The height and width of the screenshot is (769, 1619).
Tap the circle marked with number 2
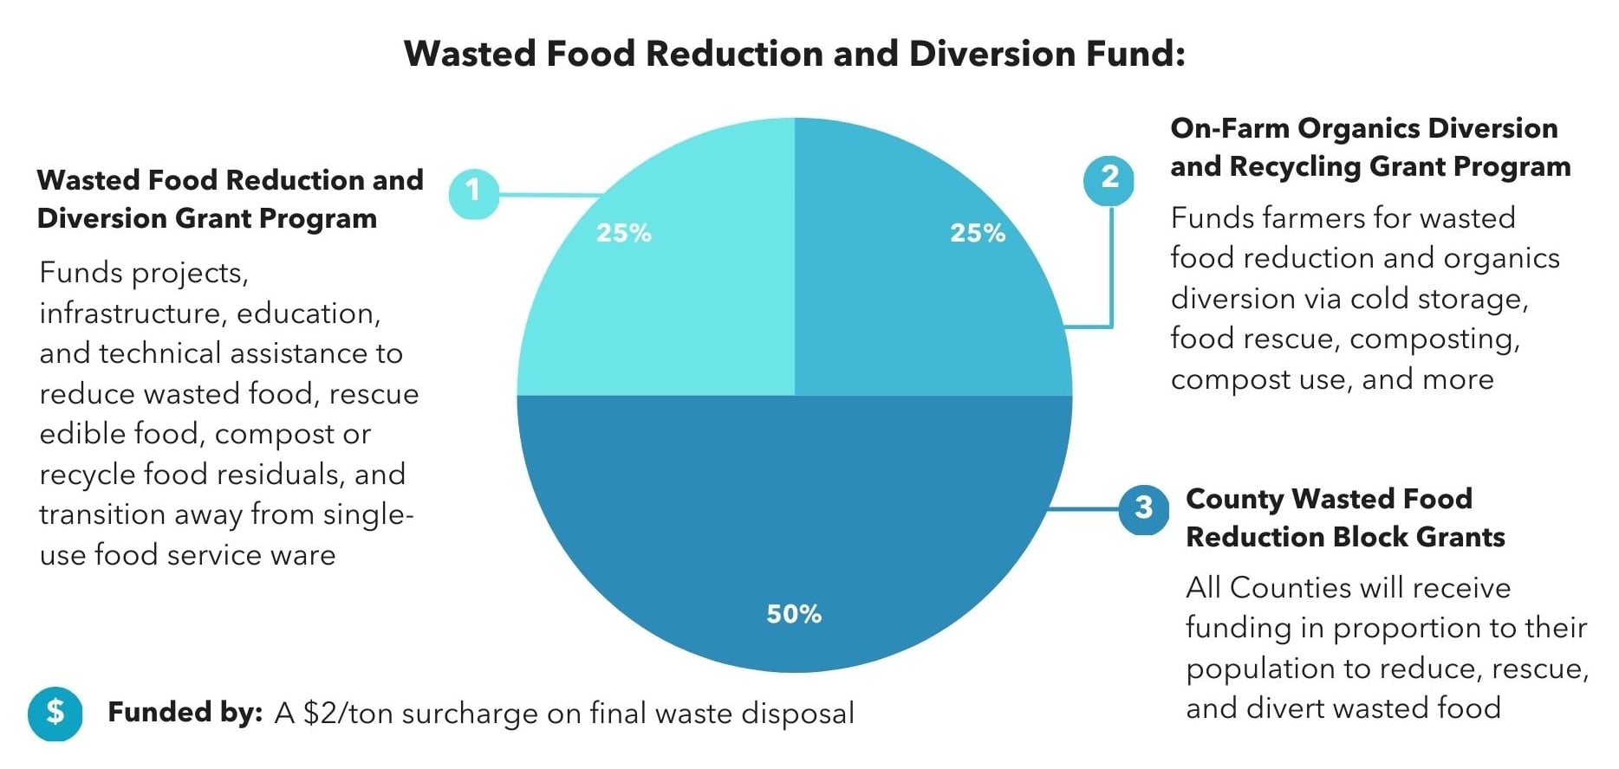click(1109, 179)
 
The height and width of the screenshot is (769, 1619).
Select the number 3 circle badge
click(1143, 508)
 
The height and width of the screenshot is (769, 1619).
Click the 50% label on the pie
click(794, 614)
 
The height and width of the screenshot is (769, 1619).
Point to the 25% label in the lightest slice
click(623, 233)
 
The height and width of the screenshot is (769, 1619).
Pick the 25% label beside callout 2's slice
click(978, 233)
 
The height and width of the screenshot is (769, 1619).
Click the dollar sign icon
click(55, 713)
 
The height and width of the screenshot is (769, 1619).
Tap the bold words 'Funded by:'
click(185, 713)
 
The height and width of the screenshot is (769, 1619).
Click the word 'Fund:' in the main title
click(1134, 55)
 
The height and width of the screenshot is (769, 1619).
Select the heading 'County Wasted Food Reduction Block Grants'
click(1344, 518)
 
